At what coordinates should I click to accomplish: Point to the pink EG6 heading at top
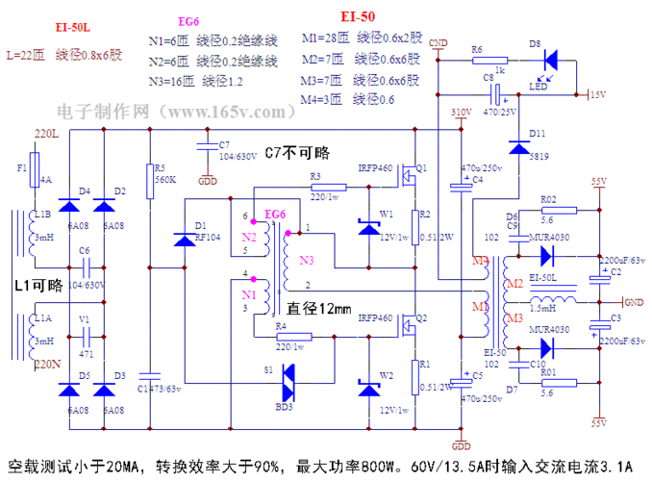pyautogui.click(x=189, y=21)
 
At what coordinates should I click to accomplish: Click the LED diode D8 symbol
pyautogui.click(x=549, y=61)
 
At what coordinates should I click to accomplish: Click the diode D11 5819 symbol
pyautogui.click(x=519, y=147)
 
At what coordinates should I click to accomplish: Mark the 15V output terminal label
pyautogui.click(x=597, y=94)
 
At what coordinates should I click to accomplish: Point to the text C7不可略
pyautogui.click(x=297, y=153)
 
